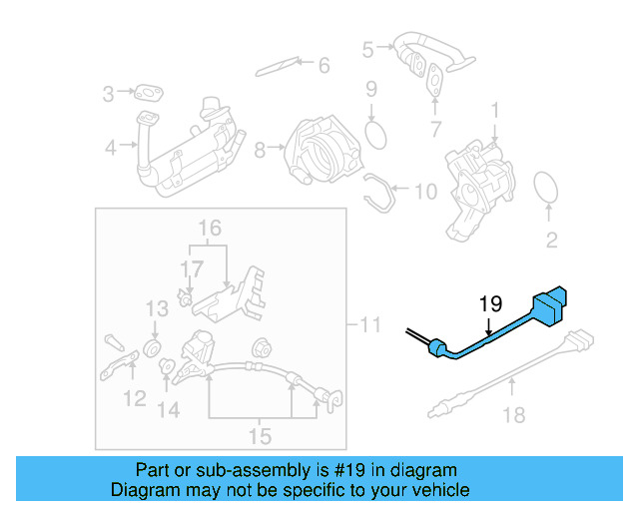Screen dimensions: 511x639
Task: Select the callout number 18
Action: coord(512,414)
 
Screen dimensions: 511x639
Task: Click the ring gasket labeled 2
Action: coord(546,188)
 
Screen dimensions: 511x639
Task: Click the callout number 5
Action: coord(368,47)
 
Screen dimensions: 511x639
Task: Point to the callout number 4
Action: coord(110,149)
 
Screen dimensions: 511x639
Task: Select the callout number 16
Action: coord(208,230)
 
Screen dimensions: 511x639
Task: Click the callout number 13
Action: coord(158,307)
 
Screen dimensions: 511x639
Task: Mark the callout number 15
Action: coord(259,435)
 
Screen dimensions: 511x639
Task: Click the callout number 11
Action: coord(370,324)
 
